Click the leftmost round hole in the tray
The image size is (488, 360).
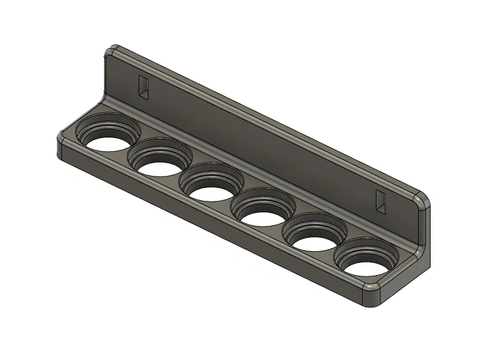tap(105, 140)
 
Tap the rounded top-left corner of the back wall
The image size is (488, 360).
tap(111, 50)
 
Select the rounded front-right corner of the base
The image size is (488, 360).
tap(373, 295)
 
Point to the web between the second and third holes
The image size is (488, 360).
tap(182, 173)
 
